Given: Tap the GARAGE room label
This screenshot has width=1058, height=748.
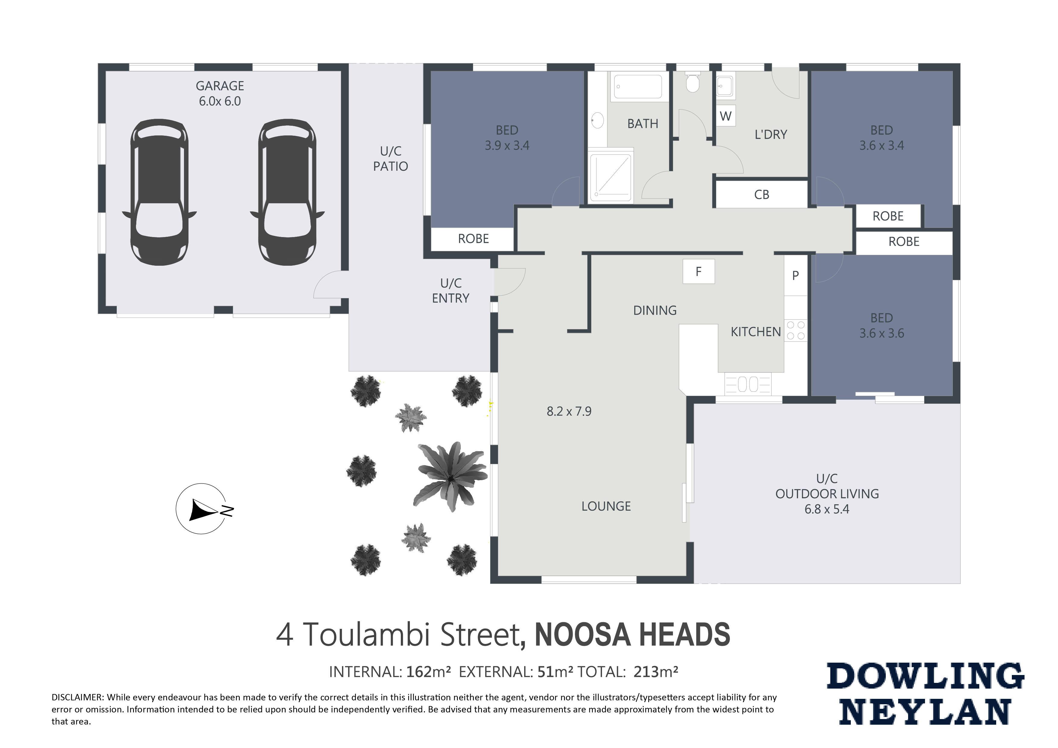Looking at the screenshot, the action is (220, 86).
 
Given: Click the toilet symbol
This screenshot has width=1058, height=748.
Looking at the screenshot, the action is (692, 81).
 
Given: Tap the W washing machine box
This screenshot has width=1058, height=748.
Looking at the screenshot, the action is (726, 116).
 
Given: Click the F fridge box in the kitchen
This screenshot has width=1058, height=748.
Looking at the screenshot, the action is (698, 271).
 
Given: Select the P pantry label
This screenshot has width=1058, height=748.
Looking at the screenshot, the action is (795, 276).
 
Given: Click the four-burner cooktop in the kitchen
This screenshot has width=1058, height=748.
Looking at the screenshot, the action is (796, 331).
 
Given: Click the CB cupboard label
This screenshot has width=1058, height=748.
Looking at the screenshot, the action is (762, 195).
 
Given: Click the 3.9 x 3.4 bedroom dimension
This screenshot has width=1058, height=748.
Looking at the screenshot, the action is (507, 146).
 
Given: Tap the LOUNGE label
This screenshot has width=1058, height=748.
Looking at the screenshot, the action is (606, 506).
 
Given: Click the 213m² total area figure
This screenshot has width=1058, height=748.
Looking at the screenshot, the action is (656, 672).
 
